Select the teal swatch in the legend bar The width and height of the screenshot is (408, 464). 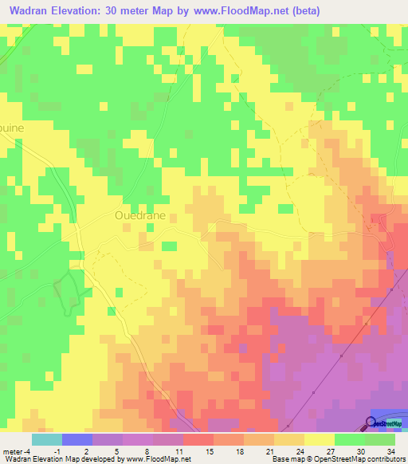coord(47,438)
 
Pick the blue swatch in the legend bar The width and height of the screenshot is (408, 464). coord(77,438)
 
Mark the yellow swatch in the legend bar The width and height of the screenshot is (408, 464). coord(319,438)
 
